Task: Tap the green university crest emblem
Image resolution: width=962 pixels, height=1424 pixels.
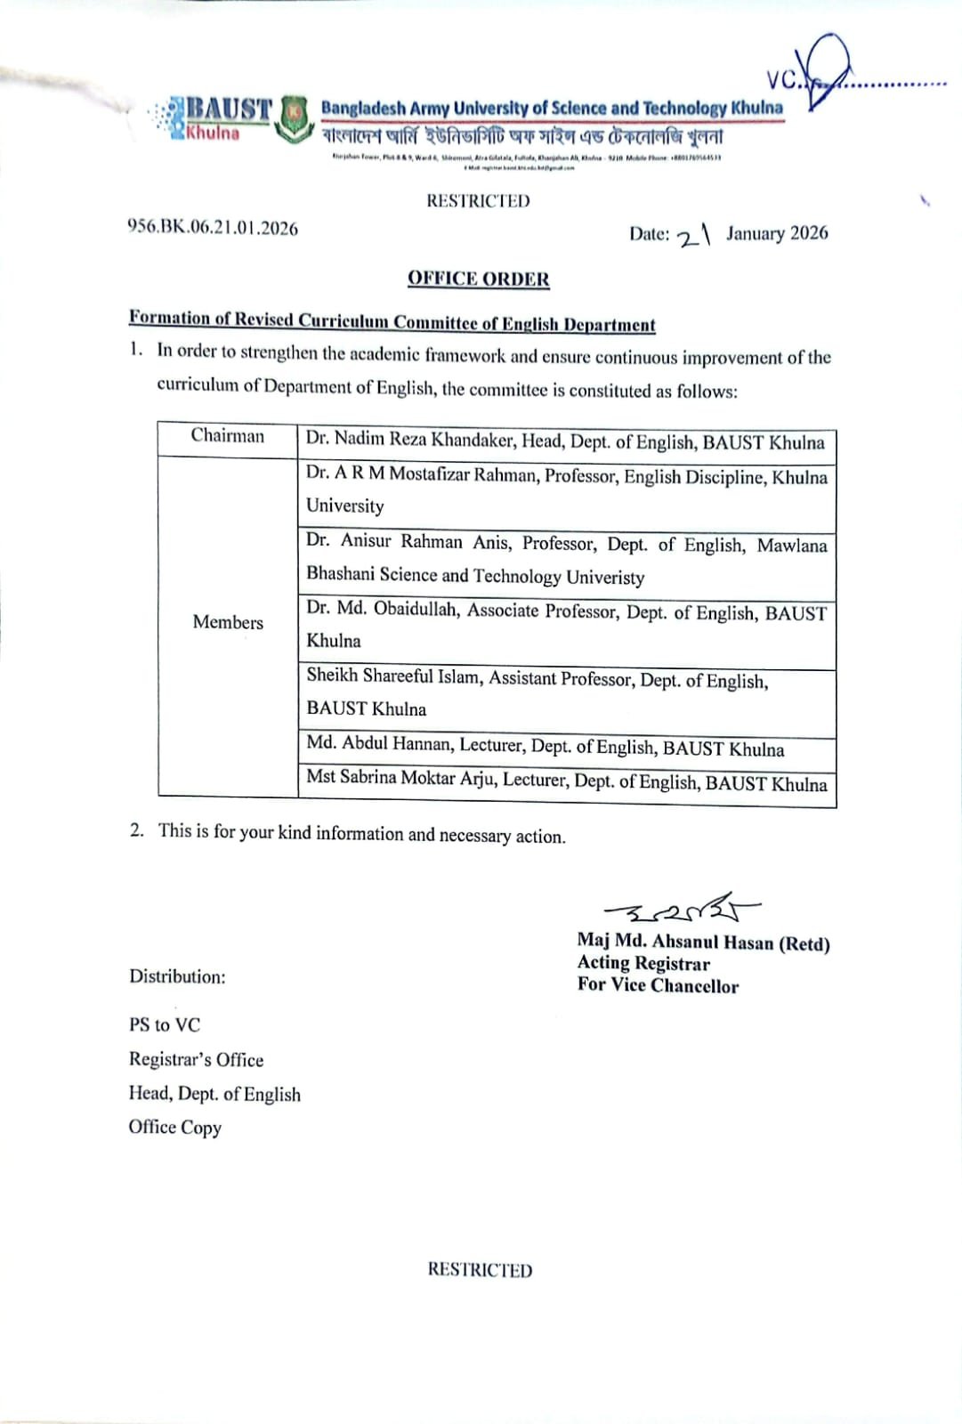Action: tap(293, 119)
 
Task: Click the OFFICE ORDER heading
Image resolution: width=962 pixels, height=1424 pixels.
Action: tap(478, 279)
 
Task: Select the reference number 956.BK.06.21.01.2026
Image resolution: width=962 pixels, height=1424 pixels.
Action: tap(213, 228)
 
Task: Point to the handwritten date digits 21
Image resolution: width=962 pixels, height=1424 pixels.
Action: tap(694, 236)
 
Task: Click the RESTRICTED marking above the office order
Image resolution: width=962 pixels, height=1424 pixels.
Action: tap(478, 201)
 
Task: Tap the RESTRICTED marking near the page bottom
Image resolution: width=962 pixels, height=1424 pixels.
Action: tap(480, 1270)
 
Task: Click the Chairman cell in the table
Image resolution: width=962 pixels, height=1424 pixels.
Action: tap(228, 436)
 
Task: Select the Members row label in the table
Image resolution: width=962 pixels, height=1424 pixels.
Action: tap(228, 623)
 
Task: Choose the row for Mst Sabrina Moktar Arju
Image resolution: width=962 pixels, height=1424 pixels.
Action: tap(566, 781)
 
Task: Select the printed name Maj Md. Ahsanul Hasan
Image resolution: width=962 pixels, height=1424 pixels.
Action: tap(702, 943)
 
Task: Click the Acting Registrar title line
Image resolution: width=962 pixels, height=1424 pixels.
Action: tap(643, 963)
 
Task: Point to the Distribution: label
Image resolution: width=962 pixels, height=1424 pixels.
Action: tap(177, 976)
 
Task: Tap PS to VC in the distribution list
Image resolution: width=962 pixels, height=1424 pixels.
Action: tap(165, 1024)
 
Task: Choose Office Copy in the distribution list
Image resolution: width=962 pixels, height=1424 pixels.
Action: tap(174, 1127)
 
